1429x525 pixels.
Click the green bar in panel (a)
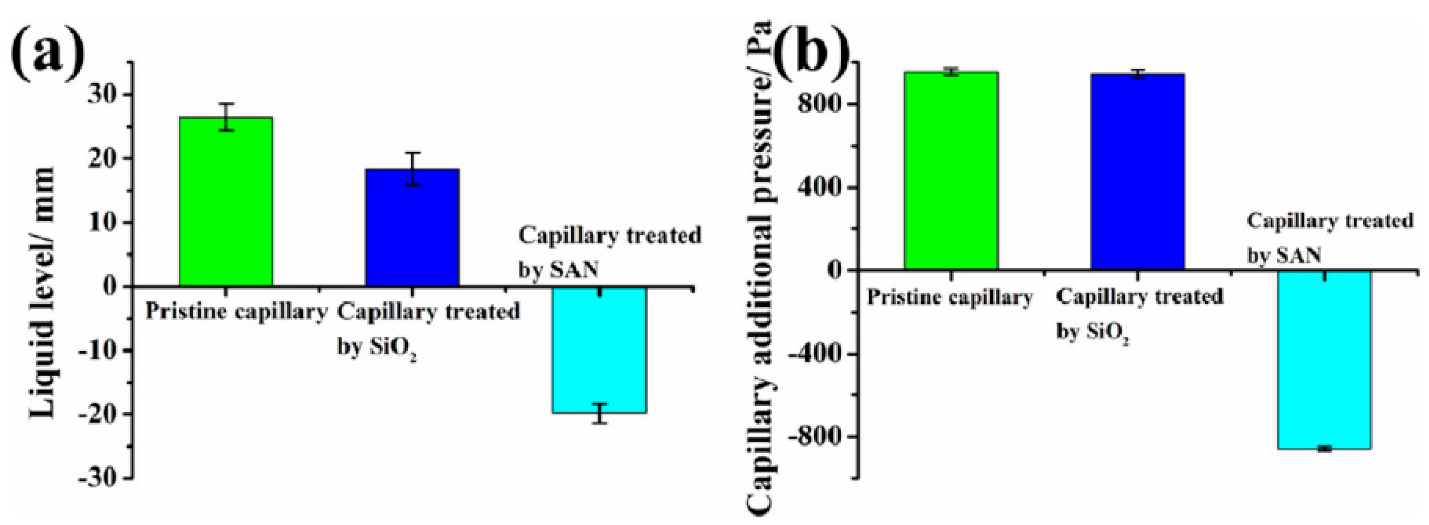coord(226,202)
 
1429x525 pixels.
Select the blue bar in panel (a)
coord(412,228)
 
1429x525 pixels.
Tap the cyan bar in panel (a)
coord(600,350)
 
